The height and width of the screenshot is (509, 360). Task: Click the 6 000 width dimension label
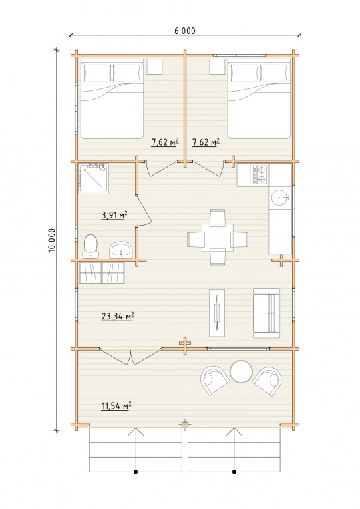(185, 31)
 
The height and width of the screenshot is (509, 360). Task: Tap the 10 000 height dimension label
(52, 240)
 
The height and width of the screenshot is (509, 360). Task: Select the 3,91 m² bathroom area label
(114, 214)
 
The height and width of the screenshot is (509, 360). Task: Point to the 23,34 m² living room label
(118, 316)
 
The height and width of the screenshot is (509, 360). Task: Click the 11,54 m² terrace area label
(116, 405)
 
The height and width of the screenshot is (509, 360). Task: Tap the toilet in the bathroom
(90, 246)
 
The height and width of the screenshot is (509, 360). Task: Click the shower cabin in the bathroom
(93, 178)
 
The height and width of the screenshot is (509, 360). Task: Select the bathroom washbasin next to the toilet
(120, 250)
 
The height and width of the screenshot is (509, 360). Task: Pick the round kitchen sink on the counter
(280, 198)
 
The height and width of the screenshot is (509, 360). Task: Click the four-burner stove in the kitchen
(260, 174)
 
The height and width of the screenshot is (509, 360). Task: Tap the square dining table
(218, 237)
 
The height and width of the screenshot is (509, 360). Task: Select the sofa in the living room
(267, 313)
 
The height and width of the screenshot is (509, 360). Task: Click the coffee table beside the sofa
(217, 313)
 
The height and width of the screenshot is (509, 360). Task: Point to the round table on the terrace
(241, 372)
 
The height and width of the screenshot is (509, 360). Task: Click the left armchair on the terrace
(214, 380)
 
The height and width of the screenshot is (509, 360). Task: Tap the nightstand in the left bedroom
(155, 67)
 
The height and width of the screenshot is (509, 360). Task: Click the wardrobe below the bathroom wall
(102, 273)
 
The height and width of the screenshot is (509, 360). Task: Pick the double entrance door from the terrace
(131, 357)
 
